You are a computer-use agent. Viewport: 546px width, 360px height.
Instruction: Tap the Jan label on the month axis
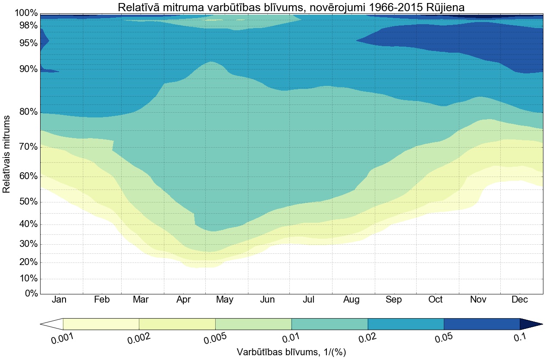pyautogui.click(x=59, y=300)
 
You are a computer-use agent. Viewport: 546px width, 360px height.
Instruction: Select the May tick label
pyautogui.click(x=225, y=300)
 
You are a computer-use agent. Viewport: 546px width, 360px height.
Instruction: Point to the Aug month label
pyautogui.click(x=351, y=300)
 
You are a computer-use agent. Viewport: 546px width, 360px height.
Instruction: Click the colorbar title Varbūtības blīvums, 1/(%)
pyautogui.click(x=292, y=352)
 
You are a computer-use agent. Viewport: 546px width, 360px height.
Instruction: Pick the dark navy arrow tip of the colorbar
pyautogui.click(x=530, y=324)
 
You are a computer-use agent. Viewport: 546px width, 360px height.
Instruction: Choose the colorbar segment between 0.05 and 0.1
pyautogui.click(x=482, y=324)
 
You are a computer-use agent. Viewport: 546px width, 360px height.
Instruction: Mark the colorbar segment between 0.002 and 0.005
pyautogui.click(x=177, y=324)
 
